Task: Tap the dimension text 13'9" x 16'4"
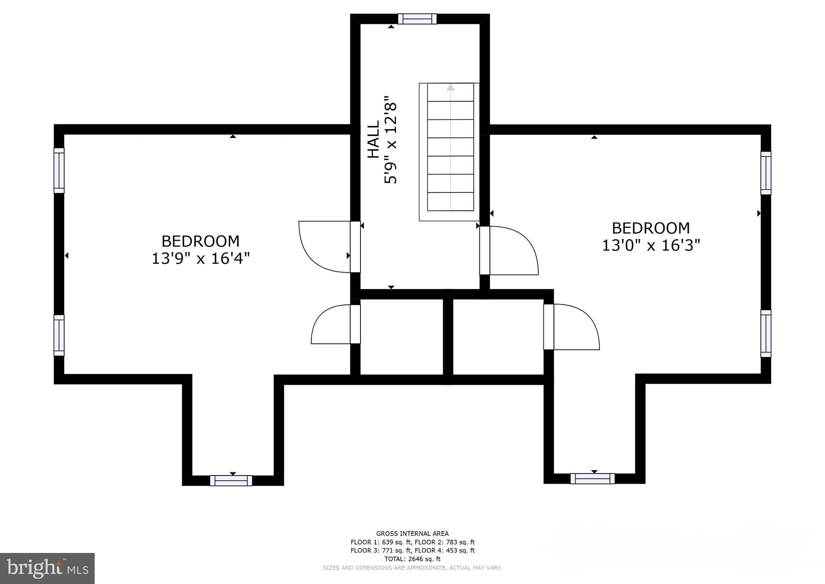[201, 259]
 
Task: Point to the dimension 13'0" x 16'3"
[651, 245]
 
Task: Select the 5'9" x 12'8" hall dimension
[390, 140]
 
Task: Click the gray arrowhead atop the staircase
[450, 87]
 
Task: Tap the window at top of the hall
[417, 19]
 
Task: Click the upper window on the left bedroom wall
[59, 171]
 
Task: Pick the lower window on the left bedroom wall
[59, 336]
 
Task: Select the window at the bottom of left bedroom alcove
[231, 480]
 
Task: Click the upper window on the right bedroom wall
[766, 173]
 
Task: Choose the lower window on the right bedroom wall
[766, 334]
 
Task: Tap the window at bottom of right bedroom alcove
[593, 478]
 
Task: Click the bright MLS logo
[48, 568]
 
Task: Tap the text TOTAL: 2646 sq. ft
[412, 559]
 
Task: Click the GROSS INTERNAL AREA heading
[412, 534]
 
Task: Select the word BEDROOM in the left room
[201, 241]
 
